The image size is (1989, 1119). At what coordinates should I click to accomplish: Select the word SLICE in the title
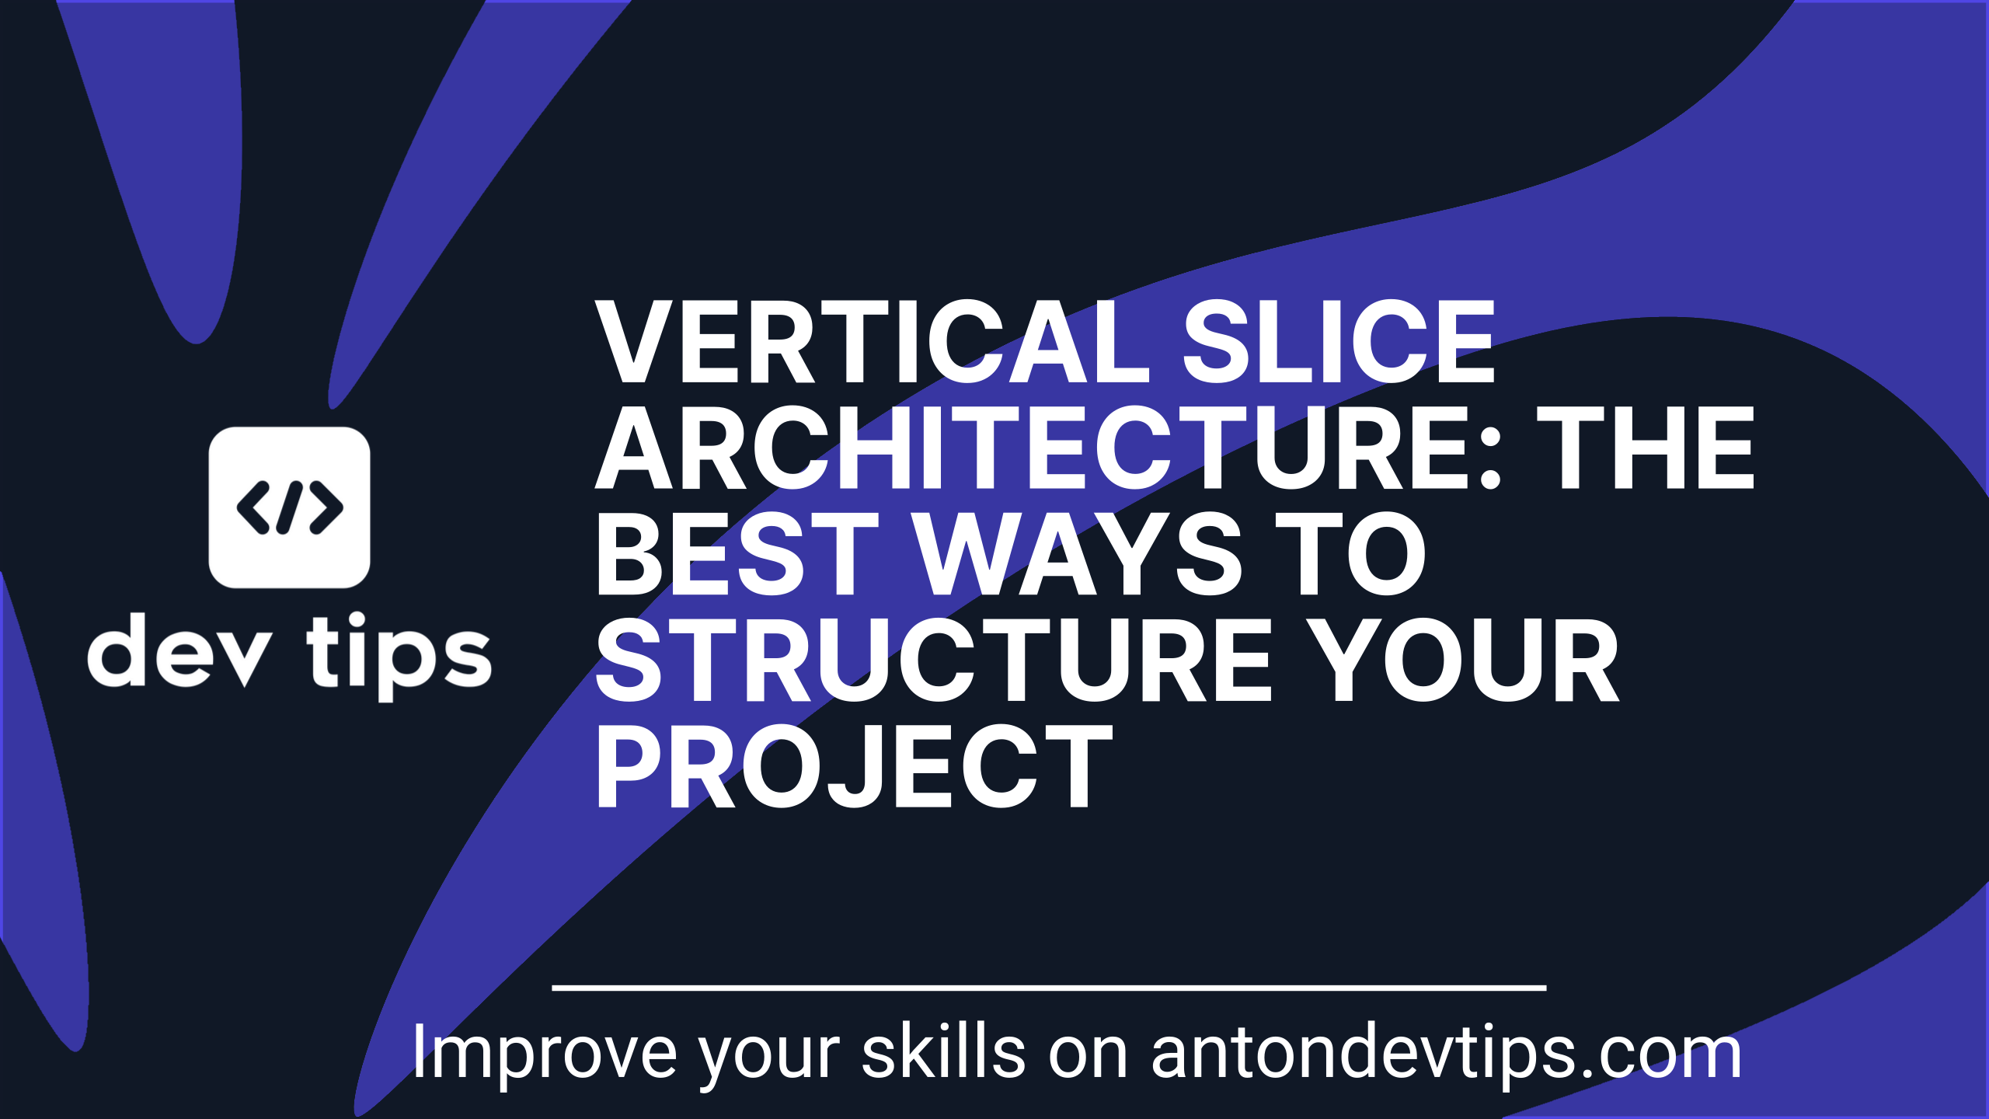pyautogui.click(x=1338, y=342)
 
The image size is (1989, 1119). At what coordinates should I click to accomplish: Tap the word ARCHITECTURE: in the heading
pyautogui.click(x=1048, y=448)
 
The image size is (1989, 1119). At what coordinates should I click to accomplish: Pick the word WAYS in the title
pyautogui.click(x=1078, y=554)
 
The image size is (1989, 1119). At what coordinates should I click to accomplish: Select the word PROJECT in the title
pyautogui.click(x=855, y=766)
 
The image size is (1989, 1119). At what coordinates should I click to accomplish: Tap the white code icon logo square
pyautogui.click(x=289, y=507)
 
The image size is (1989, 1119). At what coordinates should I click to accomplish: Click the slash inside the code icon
pyautogui.click(x=289, y=507)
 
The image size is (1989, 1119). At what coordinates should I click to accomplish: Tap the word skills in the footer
pyautogui.click(x=945, y=1051)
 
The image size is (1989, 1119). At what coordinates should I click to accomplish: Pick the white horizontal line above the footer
pyautogui.click(x=1049, y=988)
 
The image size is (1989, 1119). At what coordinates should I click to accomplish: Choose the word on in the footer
pyautogui.click(x=1089, y=1057)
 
